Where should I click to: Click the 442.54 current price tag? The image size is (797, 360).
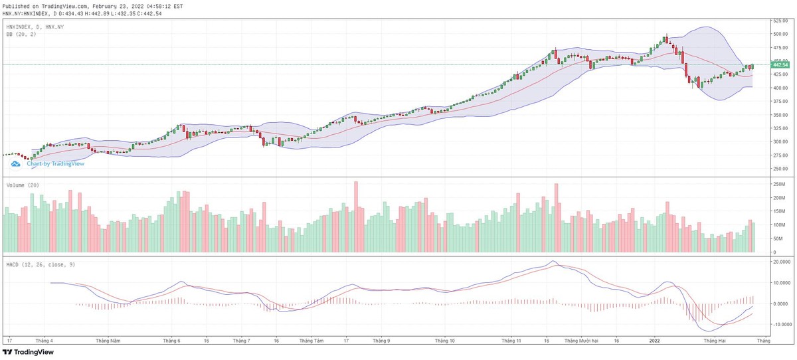pos(780,64)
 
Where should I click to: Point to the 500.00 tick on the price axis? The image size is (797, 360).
pos(780,34)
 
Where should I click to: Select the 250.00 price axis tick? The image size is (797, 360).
pos(780,169)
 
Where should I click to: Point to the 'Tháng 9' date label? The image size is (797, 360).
pos(381,341)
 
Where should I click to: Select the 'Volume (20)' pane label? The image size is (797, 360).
pos(23,185)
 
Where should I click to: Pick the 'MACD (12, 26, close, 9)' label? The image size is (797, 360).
pos(40,265)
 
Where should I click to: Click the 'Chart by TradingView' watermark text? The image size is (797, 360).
pos(55,163)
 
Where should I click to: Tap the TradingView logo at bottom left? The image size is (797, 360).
pos(28,352)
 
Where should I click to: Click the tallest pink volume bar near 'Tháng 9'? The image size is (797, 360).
pos(356,216)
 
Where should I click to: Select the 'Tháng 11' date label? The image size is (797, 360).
pos(511,341)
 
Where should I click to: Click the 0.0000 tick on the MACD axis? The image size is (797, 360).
pos(780,304)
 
